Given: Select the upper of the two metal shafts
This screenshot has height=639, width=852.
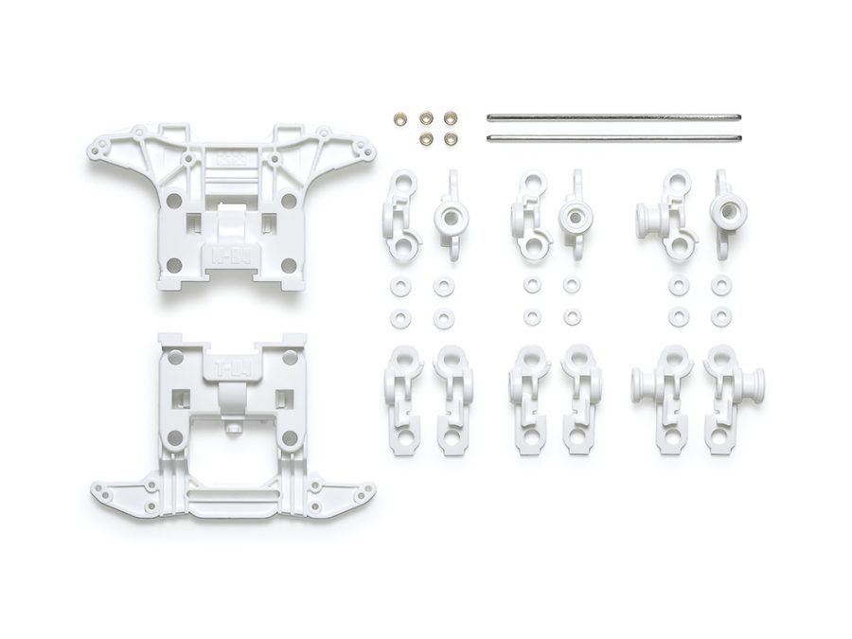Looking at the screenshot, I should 612,117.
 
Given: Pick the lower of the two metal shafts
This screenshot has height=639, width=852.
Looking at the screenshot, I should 612,137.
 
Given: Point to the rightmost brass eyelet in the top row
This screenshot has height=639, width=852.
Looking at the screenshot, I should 452,119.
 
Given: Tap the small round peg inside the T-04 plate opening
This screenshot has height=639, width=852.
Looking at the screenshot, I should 231,431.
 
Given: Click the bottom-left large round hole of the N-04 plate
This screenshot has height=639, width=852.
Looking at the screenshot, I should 174,253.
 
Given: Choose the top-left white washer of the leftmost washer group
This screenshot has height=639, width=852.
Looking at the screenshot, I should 397,284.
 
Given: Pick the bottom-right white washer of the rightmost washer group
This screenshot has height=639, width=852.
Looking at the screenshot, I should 721,317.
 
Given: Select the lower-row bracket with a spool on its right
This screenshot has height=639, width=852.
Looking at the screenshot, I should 733,398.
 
